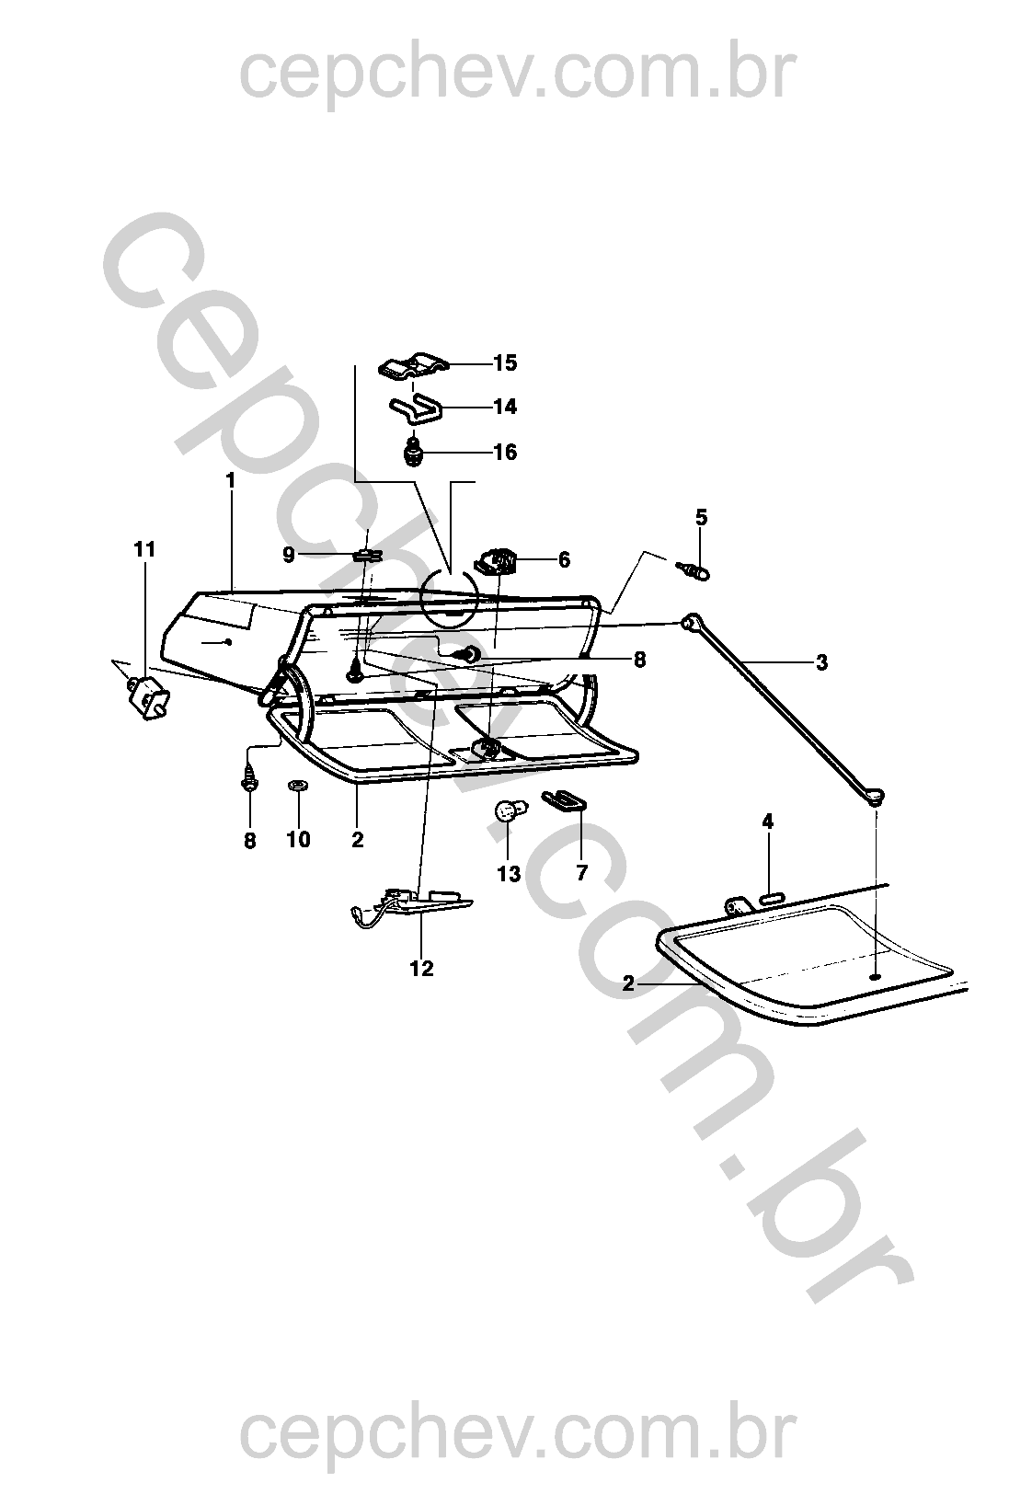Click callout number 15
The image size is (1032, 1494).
[x=505, y=362]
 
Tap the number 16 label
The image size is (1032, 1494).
[x=505, y=453]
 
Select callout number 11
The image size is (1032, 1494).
[x=144, y=549]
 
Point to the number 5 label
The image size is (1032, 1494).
[x=701, y=517]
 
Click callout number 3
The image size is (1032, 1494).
[x=821, y=662]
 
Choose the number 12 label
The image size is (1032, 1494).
[x=421, y=969]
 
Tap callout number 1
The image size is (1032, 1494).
[x=231, y=480]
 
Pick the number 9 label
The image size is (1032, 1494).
[x=288, y=555]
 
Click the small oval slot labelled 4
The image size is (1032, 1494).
[x=771, y=899]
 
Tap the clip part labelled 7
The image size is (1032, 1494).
[x=563, y=799]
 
